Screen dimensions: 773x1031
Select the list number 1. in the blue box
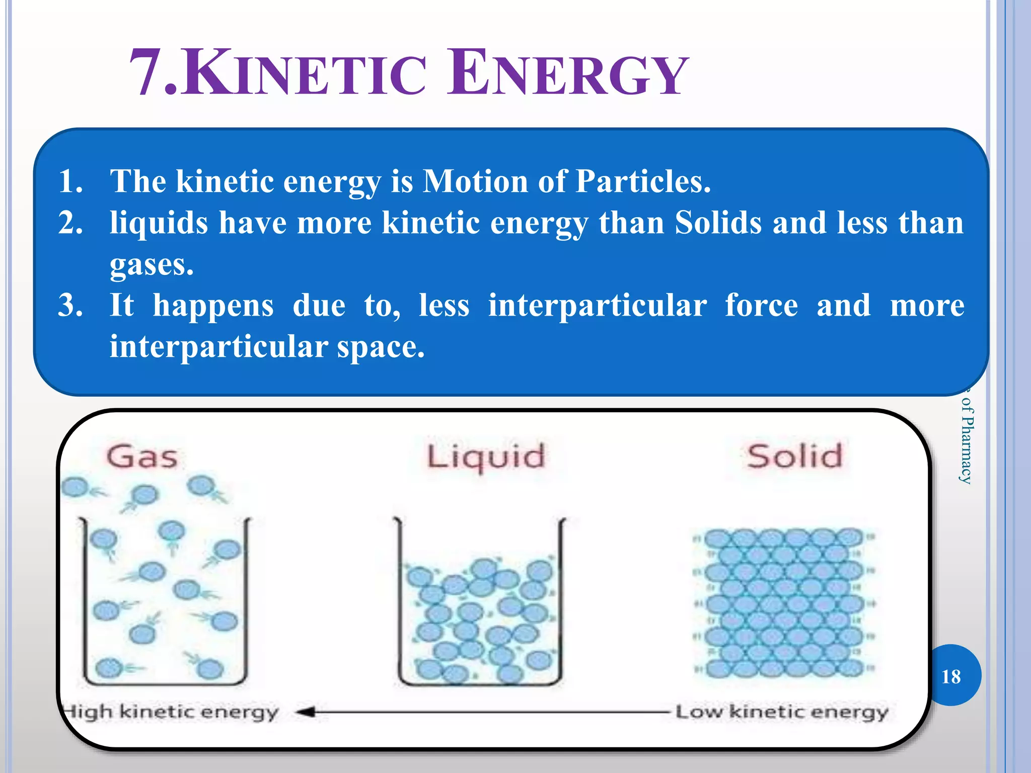70,181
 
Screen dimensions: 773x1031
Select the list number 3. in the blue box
70,305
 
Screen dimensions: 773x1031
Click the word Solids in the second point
718,222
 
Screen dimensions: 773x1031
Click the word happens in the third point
213,305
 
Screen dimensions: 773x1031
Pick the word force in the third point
761,305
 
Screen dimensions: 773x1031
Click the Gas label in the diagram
142,456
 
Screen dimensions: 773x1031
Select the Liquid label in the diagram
486,457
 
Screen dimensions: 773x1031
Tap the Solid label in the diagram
794,456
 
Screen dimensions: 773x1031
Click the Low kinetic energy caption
781,712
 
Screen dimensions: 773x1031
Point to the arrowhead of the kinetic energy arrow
306,712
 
